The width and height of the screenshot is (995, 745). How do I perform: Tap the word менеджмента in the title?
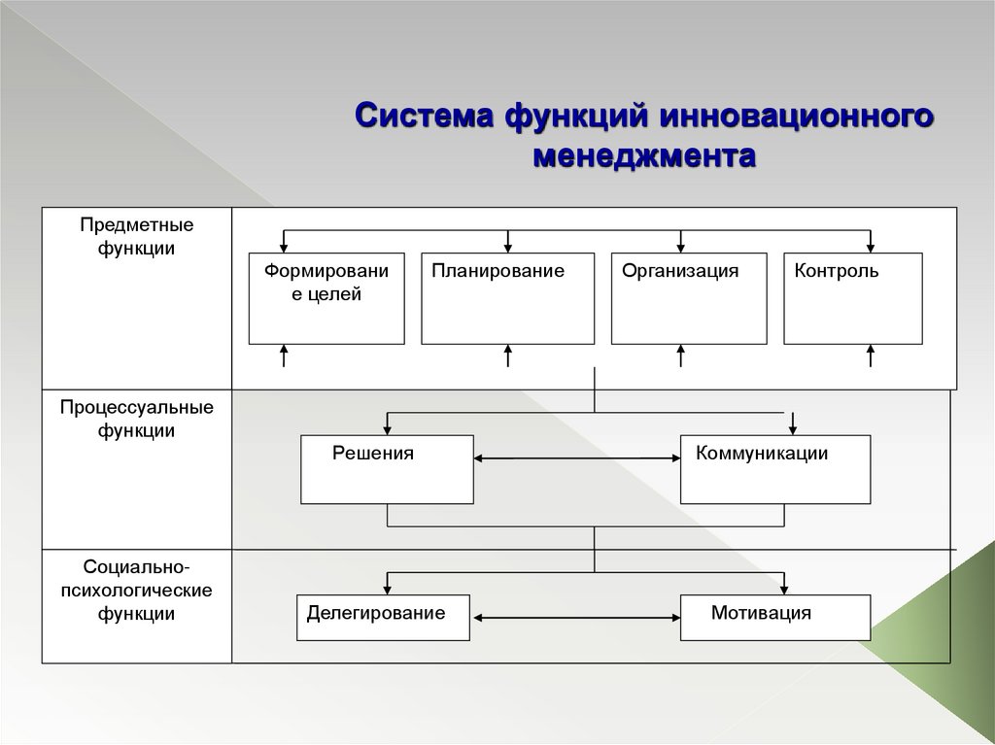click(644, 155)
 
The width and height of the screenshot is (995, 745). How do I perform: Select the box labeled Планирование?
click(507, 298)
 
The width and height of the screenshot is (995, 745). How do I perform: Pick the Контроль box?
click(852, 298)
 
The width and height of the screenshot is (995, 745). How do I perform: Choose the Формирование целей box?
click(326, 298)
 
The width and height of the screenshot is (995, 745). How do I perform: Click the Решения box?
click(387, 469)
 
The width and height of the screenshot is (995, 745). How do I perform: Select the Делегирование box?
click(383, 619)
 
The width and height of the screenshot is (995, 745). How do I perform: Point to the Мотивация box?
click(774, 619)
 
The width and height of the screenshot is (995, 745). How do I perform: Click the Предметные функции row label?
click(136, 236)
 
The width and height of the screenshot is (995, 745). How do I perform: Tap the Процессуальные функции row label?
click(136, 418)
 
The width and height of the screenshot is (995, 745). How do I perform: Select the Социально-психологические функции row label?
click(136, 589)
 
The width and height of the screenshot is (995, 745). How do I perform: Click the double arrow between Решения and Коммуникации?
click(577, 459)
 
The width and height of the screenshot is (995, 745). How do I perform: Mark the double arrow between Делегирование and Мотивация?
click(575, 617)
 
